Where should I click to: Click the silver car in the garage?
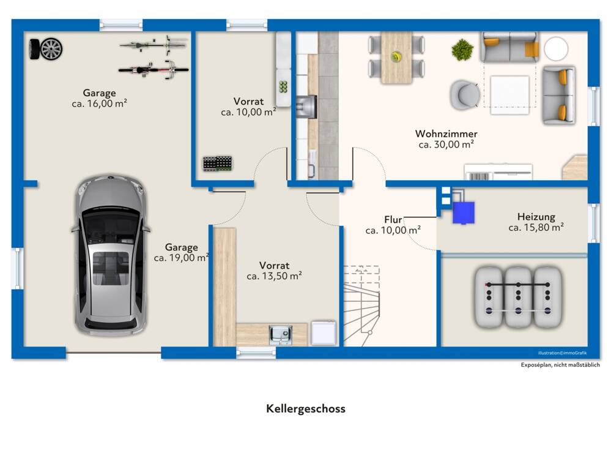[111, 255]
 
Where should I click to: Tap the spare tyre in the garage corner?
[46, 49]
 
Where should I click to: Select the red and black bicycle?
[154, 70]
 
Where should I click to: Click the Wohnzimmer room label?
[446, 134]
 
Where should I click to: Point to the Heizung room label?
[536, 217]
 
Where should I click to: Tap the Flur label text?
[393, 220]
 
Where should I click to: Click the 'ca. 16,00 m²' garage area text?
[99, 103]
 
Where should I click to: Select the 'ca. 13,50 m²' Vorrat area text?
[275, 276]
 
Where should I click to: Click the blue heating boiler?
[464, 212]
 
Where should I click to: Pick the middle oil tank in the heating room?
[518, 297]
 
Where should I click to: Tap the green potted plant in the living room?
[462, 50]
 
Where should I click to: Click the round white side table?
[556, 49]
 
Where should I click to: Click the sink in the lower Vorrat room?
[281, 335]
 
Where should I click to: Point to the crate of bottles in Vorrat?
[218, 163]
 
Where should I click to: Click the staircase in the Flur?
[361, 306]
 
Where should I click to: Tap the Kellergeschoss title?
[306, 409]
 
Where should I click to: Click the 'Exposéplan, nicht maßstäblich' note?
[560, 365]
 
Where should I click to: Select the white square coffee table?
[509, 95]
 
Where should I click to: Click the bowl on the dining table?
[396, 57]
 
